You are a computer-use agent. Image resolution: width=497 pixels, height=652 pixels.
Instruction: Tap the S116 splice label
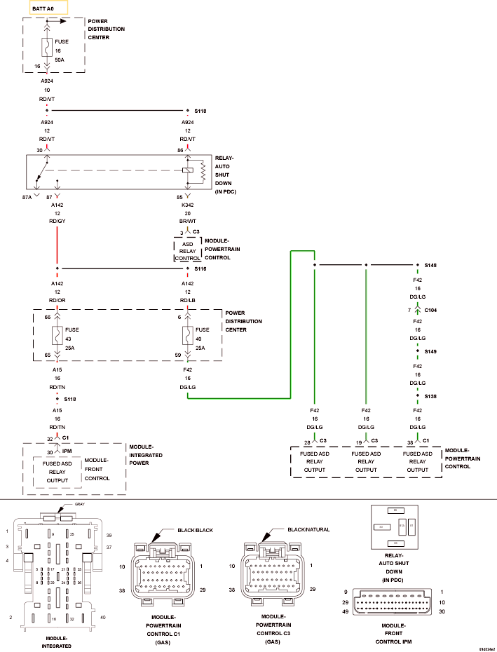(200, 269)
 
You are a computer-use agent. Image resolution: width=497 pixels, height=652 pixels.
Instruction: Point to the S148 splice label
(430, 266)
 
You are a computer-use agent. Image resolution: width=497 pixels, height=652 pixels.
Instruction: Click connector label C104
(430, 309)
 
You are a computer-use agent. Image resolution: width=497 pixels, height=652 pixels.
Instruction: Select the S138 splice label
(430, 396)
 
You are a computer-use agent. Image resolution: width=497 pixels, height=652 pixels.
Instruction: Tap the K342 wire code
(186, 205)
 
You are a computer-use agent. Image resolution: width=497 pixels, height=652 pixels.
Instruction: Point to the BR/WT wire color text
(186, 221)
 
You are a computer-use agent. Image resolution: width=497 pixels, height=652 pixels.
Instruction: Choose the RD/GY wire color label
(57, 221)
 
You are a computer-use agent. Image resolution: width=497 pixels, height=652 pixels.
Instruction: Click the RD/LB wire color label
(187, 300)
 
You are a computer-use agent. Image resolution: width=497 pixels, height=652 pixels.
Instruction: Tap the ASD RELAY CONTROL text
(187, 251)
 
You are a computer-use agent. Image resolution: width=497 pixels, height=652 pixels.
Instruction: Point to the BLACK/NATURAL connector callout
(309, 530)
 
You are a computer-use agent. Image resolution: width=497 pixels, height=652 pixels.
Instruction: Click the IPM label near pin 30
(67, 451)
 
